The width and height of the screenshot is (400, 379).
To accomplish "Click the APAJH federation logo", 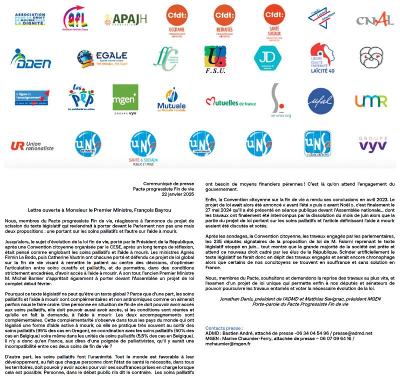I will pyautogui.click(x=125, y=20).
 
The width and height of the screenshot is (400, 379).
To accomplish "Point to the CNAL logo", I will pyautogui.click(x=375, y=20).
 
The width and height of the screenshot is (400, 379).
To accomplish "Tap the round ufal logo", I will pyautogui.click(x=321, y=101).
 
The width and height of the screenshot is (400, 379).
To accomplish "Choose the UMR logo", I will pyautogui.click(x=371, y=101).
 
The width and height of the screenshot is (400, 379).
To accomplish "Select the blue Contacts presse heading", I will pyautogui.click(x=224, y=327).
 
